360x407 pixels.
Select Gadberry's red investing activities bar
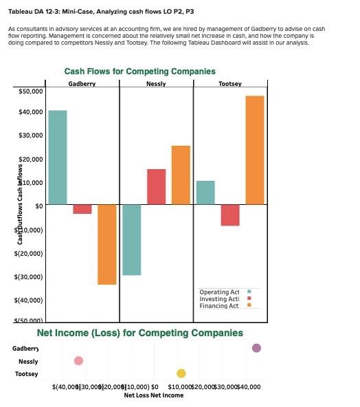pyautogui.click(x=82, y=209)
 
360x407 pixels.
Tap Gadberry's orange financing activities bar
pyautogui.click(x=106, y=244)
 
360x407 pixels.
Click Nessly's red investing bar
pyautogui.click(x=156, y=186)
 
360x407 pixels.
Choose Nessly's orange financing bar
pyautogui.click(x=181, y=175)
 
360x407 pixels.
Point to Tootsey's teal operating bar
pyautogui.click(x=205, y=192)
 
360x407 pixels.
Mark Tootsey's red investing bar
pyautogui.click(x=230, y=214)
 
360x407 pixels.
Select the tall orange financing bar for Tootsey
pyautogui.click(x=255, y=150)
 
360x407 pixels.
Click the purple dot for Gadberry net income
pyautogui.click(x=256, y=349)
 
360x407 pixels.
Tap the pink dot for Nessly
pyautogui.click(x=78, y=361)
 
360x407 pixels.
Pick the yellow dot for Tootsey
pyautogui.click(x=181, y=373)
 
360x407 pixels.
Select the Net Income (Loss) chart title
pyautogui.click(x=139, y=333)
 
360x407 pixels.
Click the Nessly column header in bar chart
pyautogui.click(x=156, y=83)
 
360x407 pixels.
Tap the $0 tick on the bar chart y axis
pyautogui.click(x=39, y=206)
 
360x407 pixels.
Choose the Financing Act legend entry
pyautogui.click(x=219, y=305)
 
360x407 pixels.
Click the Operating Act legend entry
pyautogui.click(x=219, y=292)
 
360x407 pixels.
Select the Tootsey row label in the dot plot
pyautogui.click(x=27, y=374)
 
